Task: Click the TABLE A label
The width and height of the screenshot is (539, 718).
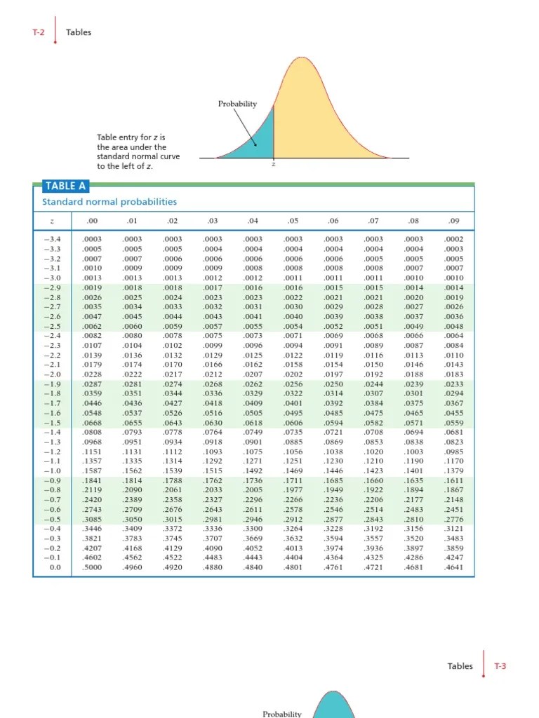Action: click(x=60, y=186)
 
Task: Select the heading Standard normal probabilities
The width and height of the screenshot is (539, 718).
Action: click(x=109, y=202)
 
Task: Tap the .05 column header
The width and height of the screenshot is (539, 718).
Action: click(x=293, y=222)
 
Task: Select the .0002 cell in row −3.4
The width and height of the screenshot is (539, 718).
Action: click(x=454, y=239)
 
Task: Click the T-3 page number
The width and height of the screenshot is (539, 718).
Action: click(x=500, y=666)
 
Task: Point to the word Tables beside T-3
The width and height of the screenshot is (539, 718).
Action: click(x=460, y=666)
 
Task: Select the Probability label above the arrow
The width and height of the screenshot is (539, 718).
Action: click(x=237, y=104)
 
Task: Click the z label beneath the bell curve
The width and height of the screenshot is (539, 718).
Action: click(x=273, y=165)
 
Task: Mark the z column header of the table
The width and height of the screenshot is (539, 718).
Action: click(x=52, y=222)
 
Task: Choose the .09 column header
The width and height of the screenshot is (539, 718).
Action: click(x=454, y=222)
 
